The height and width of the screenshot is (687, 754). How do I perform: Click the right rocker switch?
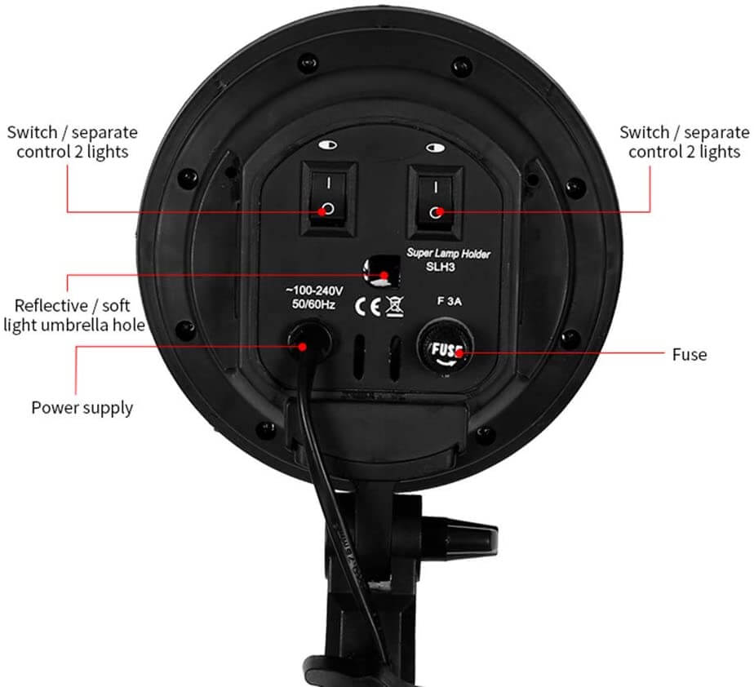point(437,197)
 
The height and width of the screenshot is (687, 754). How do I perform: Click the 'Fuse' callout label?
point(690,355)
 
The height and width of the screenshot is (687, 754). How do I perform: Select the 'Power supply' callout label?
point(82,407)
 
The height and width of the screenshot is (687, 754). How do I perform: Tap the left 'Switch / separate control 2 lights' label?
point(72,142)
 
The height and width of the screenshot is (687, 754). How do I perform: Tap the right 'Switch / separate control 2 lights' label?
point(684,142)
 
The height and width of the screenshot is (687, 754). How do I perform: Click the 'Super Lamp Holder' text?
point(459,255)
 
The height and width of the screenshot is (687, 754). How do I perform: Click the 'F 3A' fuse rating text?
point(450,299)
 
